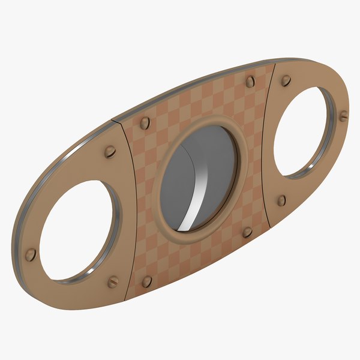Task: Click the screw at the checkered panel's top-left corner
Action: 145,123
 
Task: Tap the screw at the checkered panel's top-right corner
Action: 250,82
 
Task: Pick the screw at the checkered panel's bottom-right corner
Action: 247,232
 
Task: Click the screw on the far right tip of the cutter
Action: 343,116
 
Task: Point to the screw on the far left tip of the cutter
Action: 31,254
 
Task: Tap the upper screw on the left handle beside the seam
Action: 110,152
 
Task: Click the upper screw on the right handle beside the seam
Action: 286,80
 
